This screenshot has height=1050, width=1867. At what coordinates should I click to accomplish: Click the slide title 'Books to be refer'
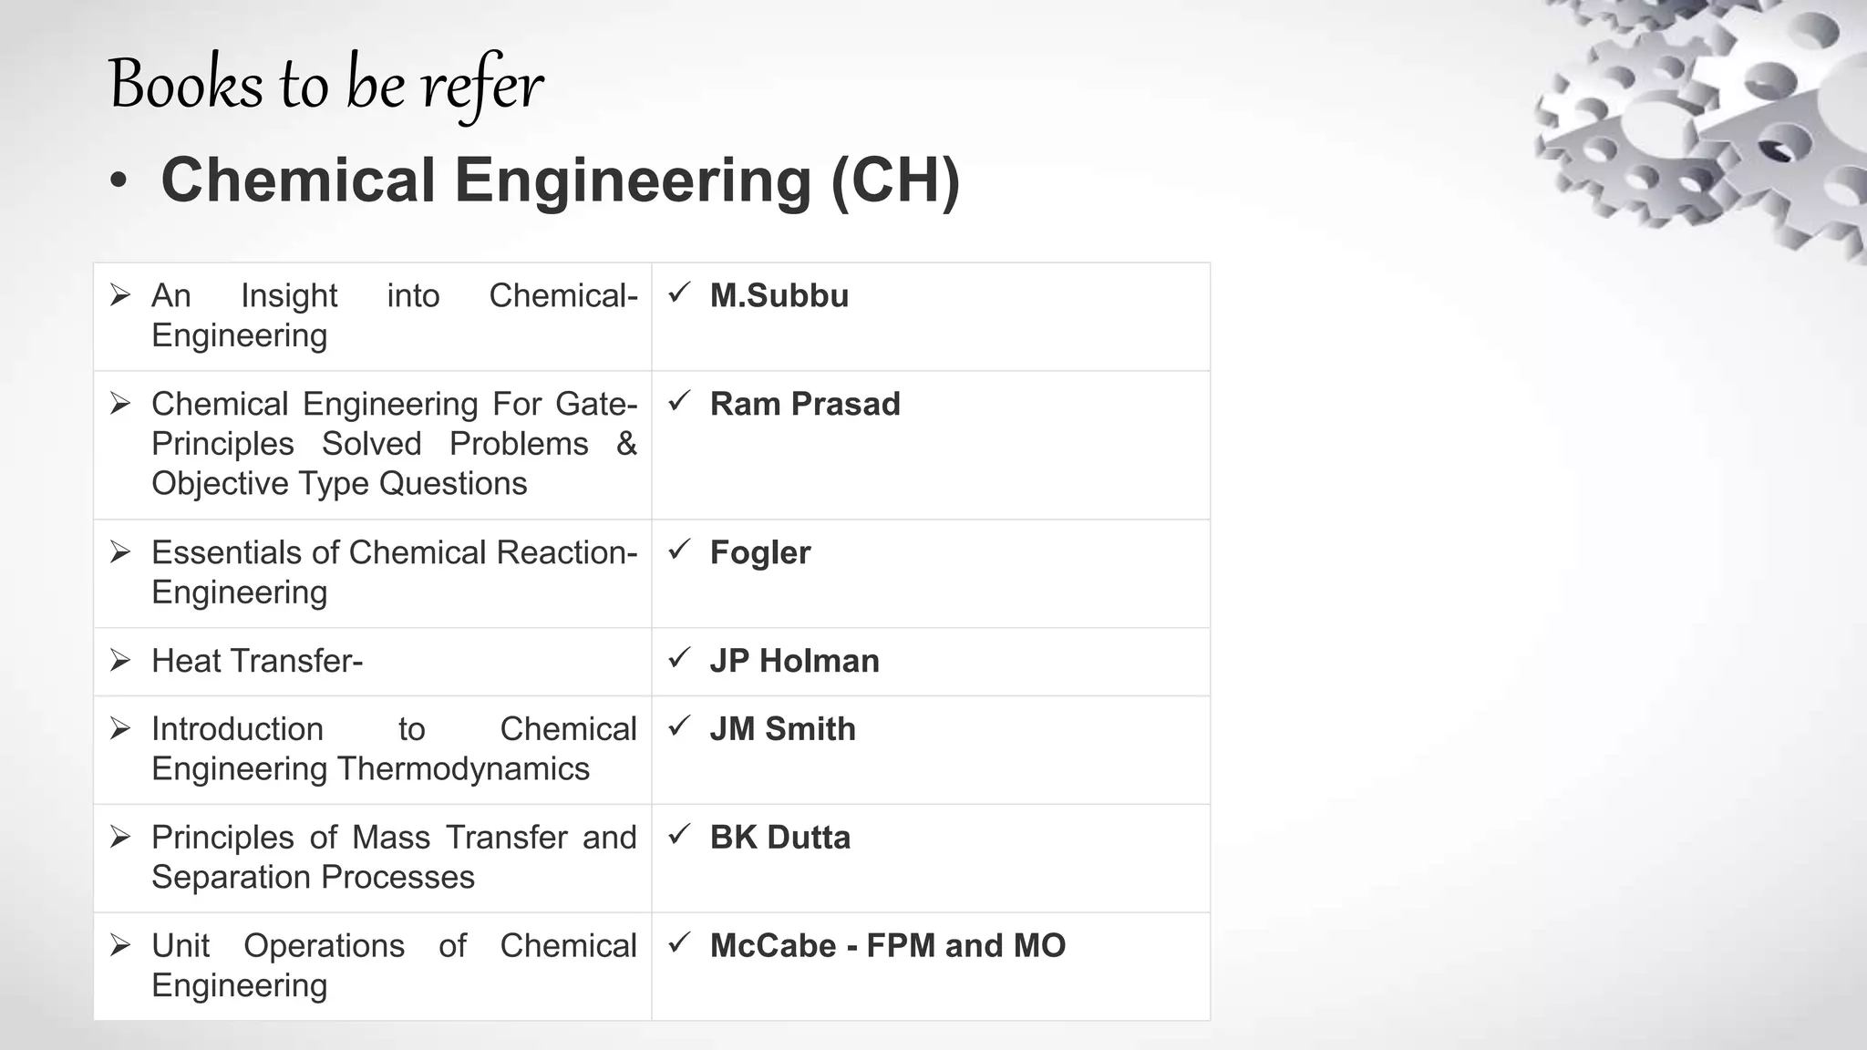click(325, 85)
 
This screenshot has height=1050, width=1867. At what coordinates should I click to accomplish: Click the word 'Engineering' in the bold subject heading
click(633, 180)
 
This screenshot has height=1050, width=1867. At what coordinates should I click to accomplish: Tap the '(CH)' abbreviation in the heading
click(895, 180)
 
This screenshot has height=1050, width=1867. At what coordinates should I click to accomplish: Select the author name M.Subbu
click(779, 296)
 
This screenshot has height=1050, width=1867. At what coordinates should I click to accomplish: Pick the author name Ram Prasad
click(804, 404)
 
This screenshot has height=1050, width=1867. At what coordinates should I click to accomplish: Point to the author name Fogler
click(759, 552)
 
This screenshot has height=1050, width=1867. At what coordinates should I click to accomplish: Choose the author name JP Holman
click(794, 661)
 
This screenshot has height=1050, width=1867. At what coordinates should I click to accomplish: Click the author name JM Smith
click(782, 729)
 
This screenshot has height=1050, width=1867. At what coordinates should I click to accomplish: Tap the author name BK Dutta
click(779, 838)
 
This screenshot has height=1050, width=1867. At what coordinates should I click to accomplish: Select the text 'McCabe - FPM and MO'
click(887, 946)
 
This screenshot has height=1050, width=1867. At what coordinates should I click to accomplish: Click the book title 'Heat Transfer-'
click(257, 661)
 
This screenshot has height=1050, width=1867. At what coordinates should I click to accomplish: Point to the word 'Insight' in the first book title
click(289, 296)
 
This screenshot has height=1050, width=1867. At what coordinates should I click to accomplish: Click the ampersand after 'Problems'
click(626, 444)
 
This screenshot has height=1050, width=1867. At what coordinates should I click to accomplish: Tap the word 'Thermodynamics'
click(464, 768)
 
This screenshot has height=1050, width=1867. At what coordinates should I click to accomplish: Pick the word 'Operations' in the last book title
click(324, 946)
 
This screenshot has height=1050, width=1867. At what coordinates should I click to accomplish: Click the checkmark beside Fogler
click(678, 550)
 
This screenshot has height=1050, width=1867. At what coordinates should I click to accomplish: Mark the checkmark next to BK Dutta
click(678, 835)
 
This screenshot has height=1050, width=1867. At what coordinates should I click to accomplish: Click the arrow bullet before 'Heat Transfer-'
click(120, 660)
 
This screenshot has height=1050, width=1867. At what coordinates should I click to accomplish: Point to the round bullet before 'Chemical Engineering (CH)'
click(118, 181)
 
